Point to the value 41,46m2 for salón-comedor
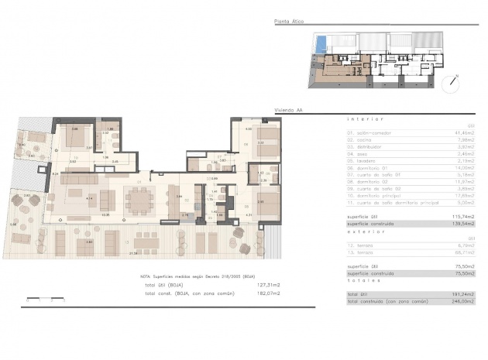463,132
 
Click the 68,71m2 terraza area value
463,252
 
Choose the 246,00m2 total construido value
462,301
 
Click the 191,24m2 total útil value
462,294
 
